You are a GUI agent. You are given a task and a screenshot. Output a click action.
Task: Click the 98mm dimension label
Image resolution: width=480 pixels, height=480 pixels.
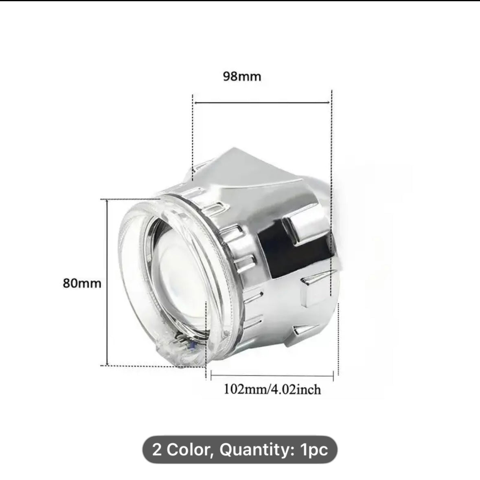[242, 76]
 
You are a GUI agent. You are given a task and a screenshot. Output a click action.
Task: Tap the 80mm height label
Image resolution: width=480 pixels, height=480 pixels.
[82, 283]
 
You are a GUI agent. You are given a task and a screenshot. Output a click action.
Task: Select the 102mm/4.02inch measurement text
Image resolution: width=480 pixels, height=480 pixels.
[272, 390]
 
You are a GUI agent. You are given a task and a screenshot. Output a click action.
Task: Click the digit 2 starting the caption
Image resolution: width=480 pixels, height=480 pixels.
[157, 450]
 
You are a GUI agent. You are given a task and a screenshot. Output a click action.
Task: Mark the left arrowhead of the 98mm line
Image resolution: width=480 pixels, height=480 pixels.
[195, 103]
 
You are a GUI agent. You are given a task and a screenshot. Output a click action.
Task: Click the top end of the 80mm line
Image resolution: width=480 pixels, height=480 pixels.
[107, 201]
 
